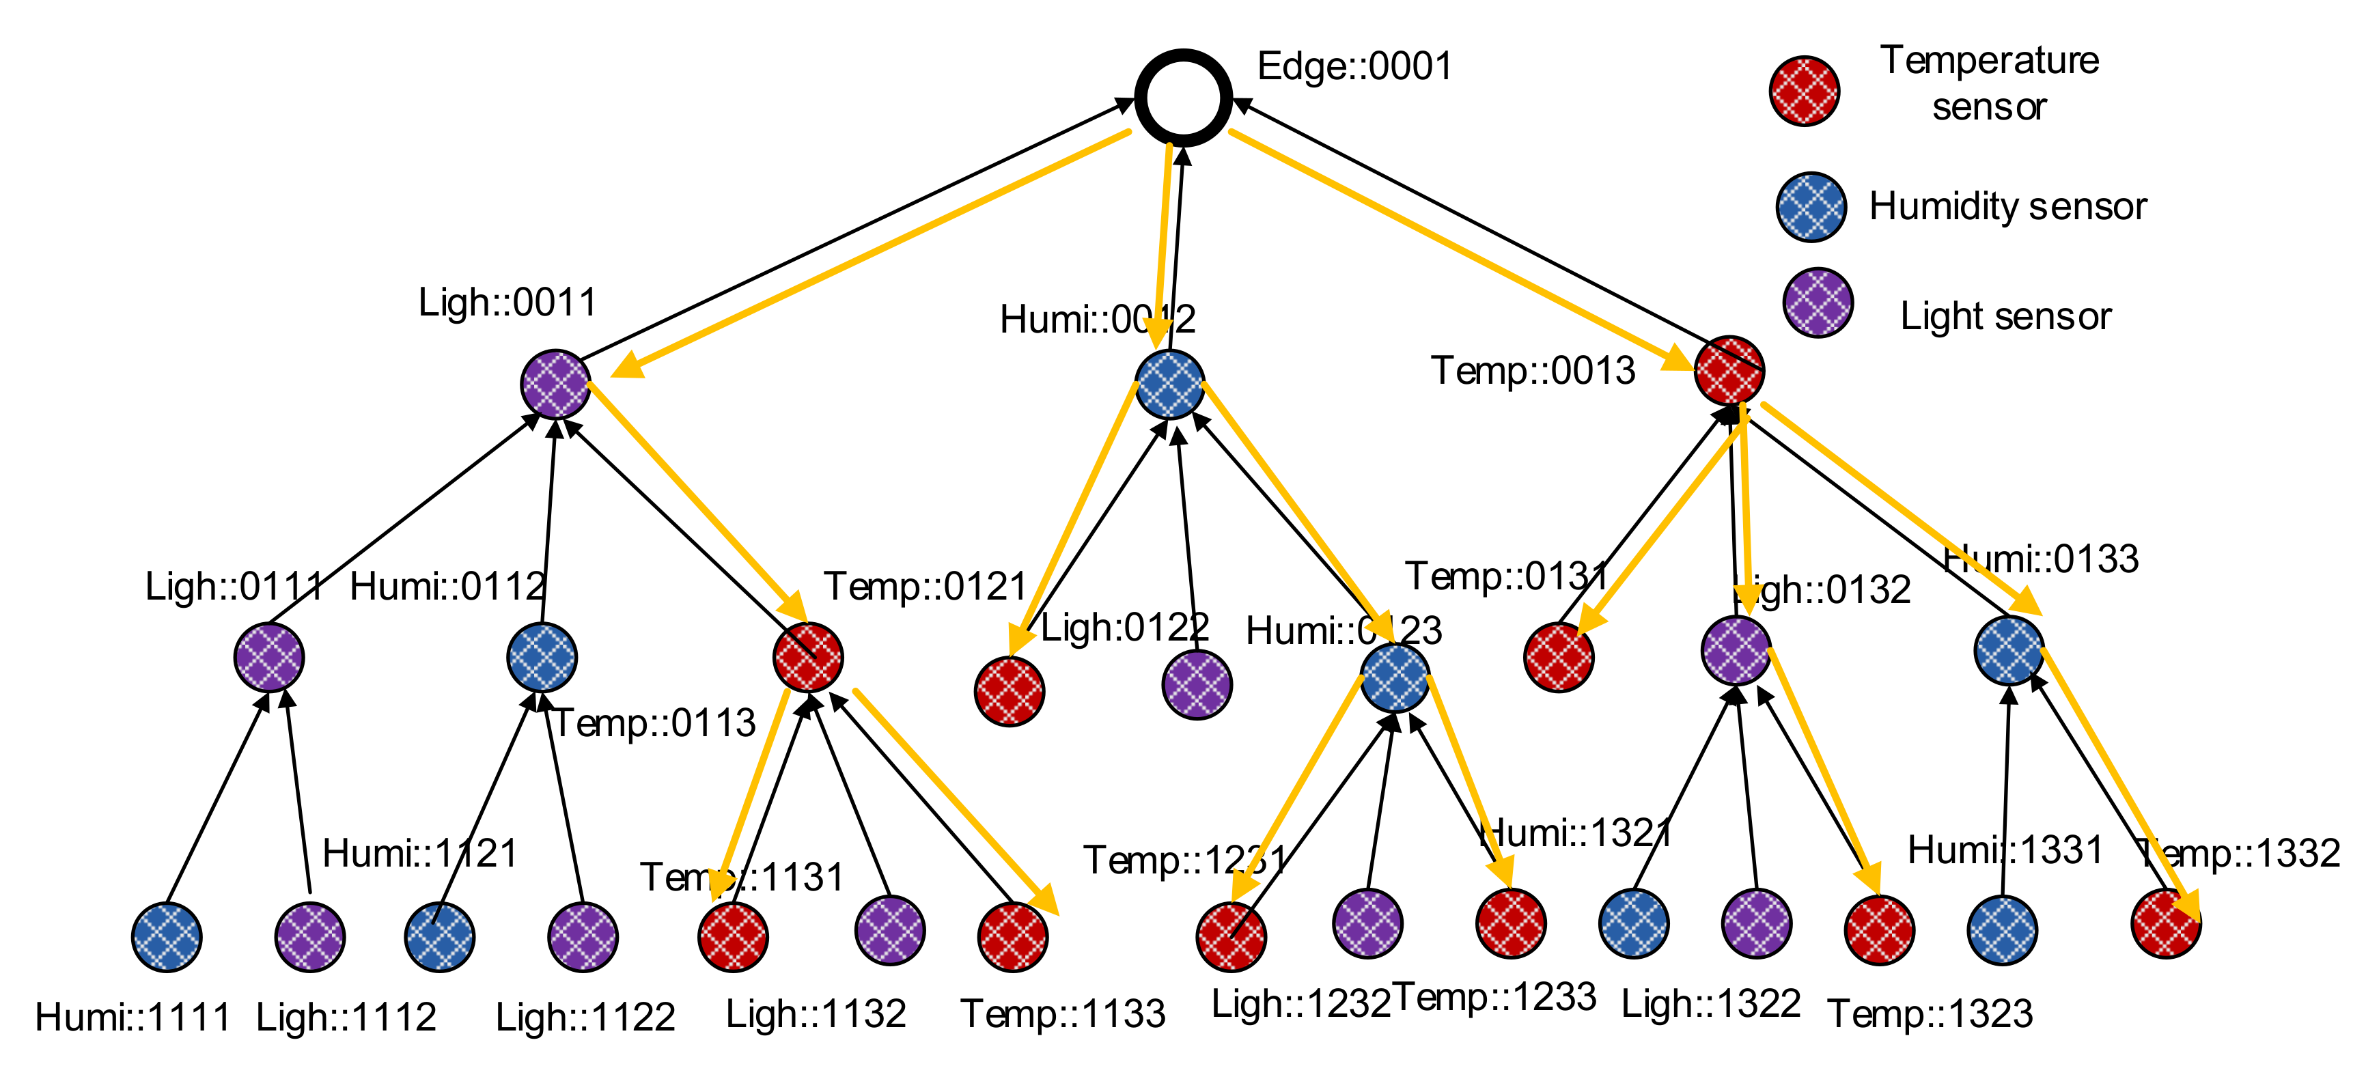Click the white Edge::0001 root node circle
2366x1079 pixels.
tap(1183, 98)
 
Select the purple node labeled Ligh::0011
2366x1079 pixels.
tap(555, 384)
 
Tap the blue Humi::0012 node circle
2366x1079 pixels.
tap(1169, 384)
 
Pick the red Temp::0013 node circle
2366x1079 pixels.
tap(1729, 370)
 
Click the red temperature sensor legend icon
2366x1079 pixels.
tap(1804, 90)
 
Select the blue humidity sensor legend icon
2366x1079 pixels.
tap(1810, 207)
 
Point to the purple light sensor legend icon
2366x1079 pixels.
tap(1817, 303)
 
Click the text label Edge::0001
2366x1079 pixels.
tap(1354, 66)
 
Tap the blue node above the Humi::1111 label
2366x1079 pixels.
tap(166, 937)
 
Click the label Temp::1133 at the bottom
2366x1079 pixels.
tap(1063, 1014)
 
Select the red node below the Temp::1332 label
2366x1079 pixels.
tap(2165, 923)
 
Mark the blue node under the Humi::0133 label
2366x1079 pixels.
tap(2008, 650)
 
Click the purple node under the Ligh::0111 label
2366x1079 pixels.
tap(268, 656)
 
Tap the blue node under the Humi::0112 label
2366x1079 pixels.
tap(542, 656)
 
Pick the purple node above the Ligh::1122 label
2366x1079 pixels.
tap(583, 937)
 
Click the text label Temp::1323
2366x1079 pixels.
tap(1930, 1014)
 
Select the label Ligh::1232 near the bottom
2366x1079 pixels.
tap(1300, 1004)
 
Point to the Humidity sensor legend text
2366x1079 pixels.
tap(2008, 207)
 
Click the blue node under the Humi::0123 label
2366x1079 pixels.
tap(1394, 677)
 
